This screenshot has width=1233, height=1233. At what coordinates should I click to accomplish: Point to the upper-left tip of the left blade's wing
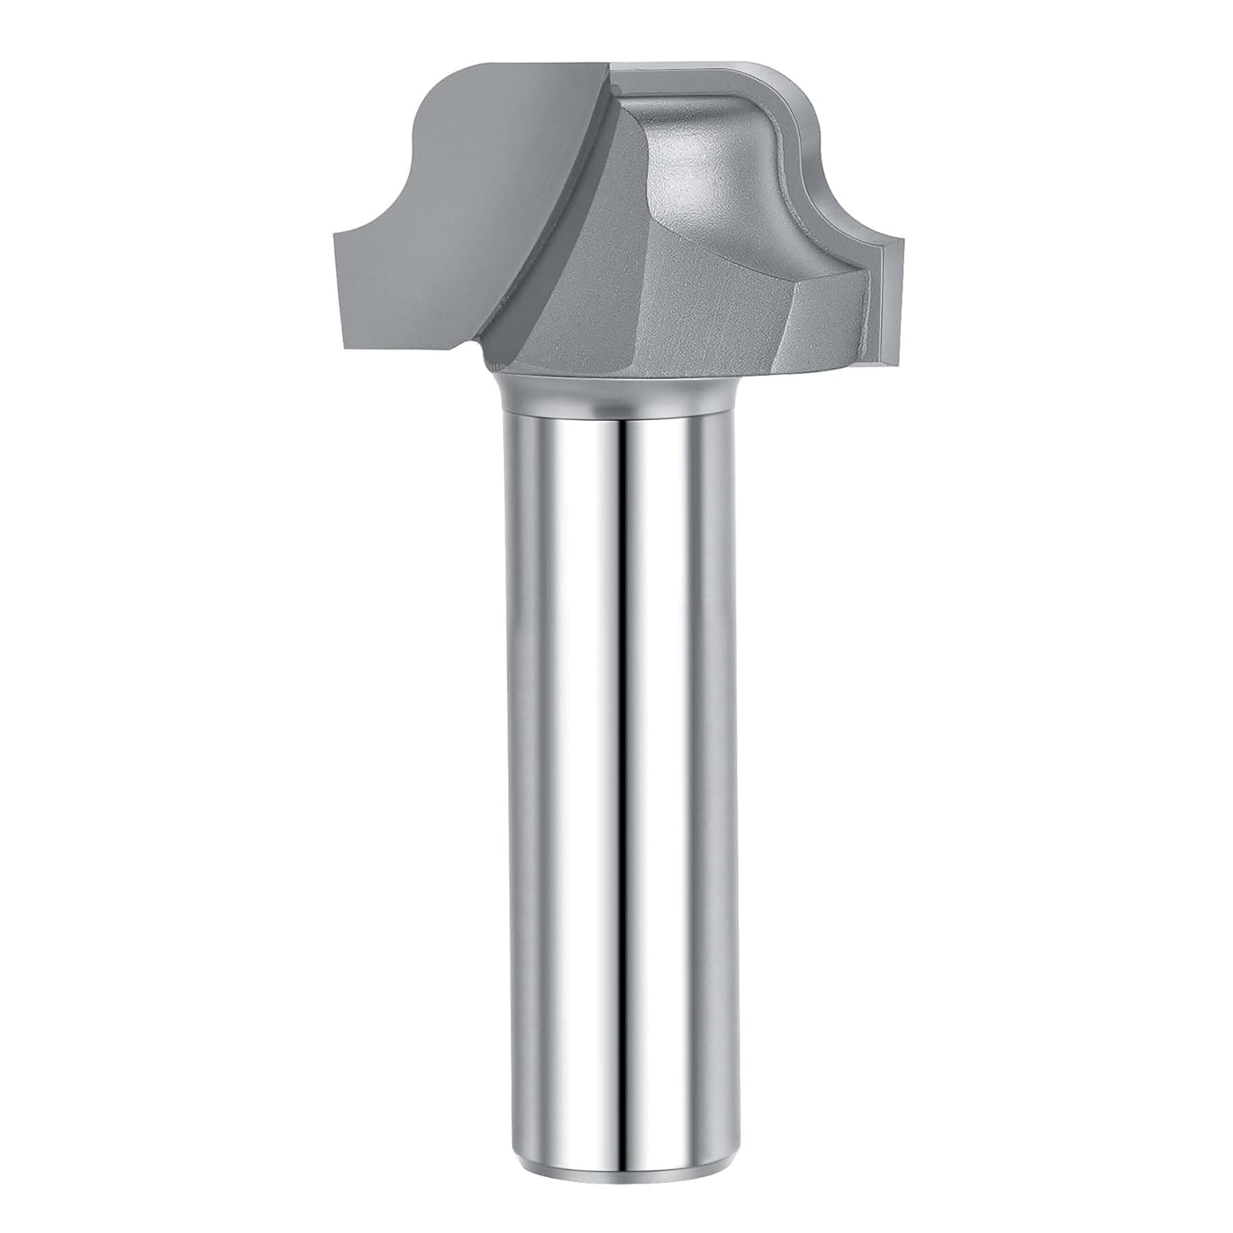point(335,235)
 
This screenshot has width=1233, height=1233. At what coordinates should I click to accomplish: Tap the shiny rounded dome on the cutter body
point(699,164)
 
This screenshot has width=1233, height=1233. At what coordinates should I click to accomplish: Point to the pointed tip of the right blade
point(902,240)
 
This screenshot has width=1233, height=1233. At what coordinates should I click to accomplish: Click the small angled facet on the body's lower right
point(822,329)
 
